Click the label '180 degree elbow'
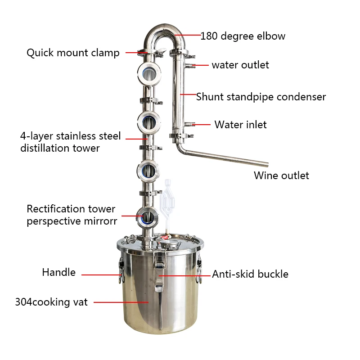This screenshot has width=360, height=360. pyautogui.click(x=243, y=36)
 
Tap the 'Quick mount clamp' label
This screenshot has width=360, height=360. pyautogui.click(x=73, y=53)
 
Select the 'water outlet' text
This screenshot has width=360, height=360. pyautogui.click(x=240, y=65)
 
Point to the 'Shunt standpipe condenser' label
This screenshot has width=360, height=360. pyautogui.click(x=261, y=97)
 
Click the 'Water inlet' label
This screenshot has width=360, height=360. pyautogui.click(x=240, y=125)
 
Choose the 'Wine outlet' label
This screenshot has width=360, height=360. pyautogui.click(x=281, y=175)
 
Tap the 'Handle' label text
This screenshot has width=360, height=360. pyautogui.click(x=58, y=272)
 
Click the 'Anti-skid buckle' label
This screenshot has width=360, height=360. pyautogui.click(x=250, y=274)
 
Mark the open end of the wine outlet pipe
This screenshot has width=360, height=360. pyautogui.click(x=266, y=164)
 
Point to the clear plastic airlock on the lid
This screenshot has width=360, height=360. pyautogui.click(x=167, y=198)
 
